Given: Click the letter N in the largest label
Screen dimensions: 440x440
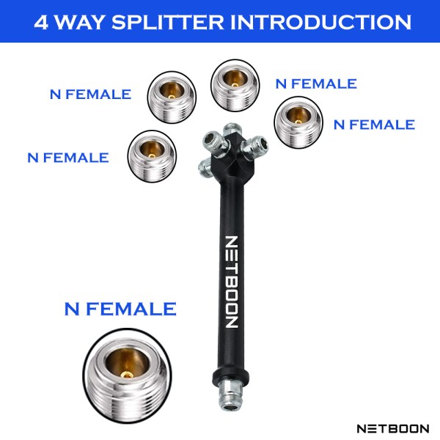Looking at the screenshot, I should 72,309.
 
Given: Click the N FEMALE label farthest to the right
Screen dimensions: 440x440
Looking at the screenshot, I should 374,125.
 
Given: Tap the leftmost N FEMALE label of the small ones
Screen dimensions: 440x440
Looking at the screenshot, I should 67,157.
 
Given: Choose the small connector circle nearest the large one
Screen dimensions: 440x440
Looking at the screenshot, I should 152,157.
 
